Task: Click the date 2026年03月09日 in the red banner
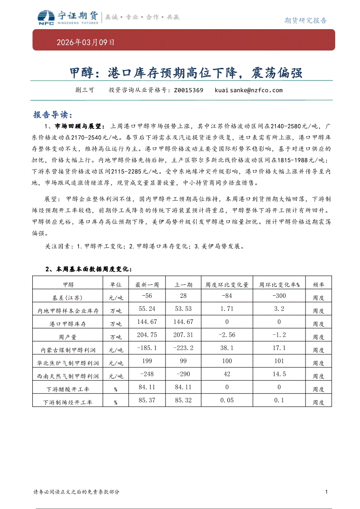click(86, 43)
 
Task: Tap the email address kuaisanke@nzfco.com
click(248, 91)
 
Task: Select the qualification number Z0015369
click(188, 91)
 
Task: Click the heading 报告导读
click(51, 115)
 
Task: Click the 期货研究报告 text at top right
click(306, 20)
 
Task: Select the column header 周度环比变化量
click(227, 285)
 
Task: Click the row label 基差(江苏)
click(68, 298)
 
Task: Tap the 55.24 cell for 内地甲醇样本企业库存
click(147, 309)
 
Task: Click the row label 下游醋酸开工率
click(68, 389)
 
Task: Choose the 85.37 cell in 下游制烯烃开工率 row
click(147, 400)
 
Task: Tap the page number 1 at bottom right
click(326, 492)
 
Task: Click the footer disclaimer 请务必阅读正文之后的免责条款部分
click(76, 492)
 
